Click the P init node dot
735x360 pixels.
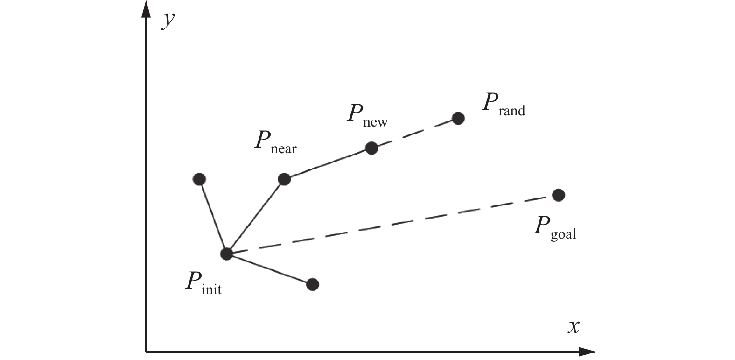click(x=226, y=254)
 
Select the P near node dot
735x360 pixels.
click(x=284, y=179)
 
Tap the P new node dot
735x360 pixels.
click(x=371, y=148)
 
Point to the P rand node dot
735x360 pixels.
click(x=458, y=118)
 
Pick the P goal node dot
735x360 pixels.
click(x=558, y=195)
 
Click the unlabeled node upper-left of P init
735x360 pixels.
click(x=199, y=179)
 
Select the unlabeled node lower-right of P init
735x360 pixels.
click(x=313, y=284)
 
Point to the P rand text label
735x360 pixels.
click(x=503, y=104)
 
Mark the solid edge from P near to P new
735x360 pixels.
click(x=328, y=163)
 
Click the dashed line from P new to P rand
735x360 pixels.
click(x=415, y=133)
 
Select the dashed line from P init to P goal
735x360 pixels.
click(x=392, y=225)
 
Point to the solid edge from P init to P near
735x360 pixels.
click(x=255, y=216)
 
